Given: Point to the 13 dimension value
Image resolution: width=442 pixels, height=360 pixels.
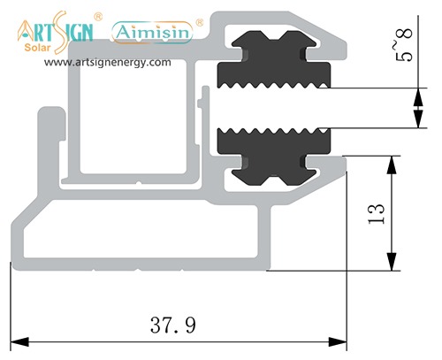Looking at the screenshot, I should coord(377,211).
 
